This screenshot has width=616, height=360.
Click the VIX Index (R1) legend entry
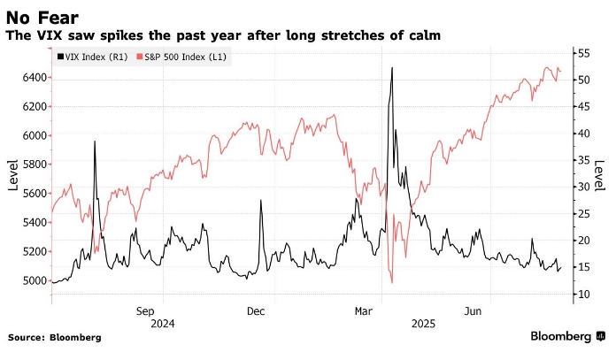click(89, 57)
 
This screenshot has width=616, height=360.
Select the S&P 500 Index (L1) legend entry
click(172, 57)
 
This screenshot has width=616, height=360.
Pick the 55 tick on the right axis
click(581, 53)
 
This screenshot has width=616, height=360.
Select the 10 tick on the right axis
click(581, 295)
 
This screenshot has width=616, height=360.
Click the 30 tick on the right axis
click(581, 188)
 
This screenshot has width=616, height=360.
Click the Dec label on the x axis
click(256, 311)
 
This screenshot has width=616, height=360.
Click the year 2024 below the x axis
click(163, 325)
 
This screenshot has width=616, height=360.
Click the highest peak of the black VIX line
click(391, 67)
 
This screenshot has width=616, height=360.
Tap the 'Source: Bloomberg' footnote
click(55, 338)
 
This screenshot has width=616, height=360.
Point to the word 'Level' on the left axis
click(13, 175)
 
